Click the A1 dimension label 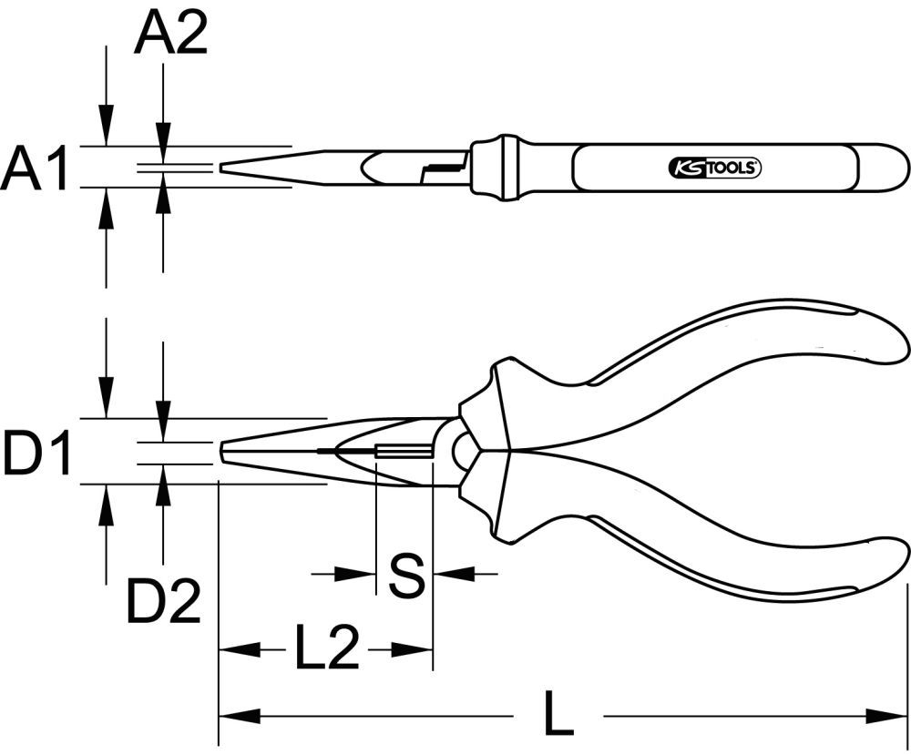pos(35,171)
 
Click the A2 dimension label pos(170,36)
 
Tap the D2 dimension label pos(163,601)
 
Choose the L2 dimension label pos(325,648)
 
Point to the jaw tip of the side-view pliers pos(223,451)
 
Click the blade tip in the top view pos(223,168)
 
